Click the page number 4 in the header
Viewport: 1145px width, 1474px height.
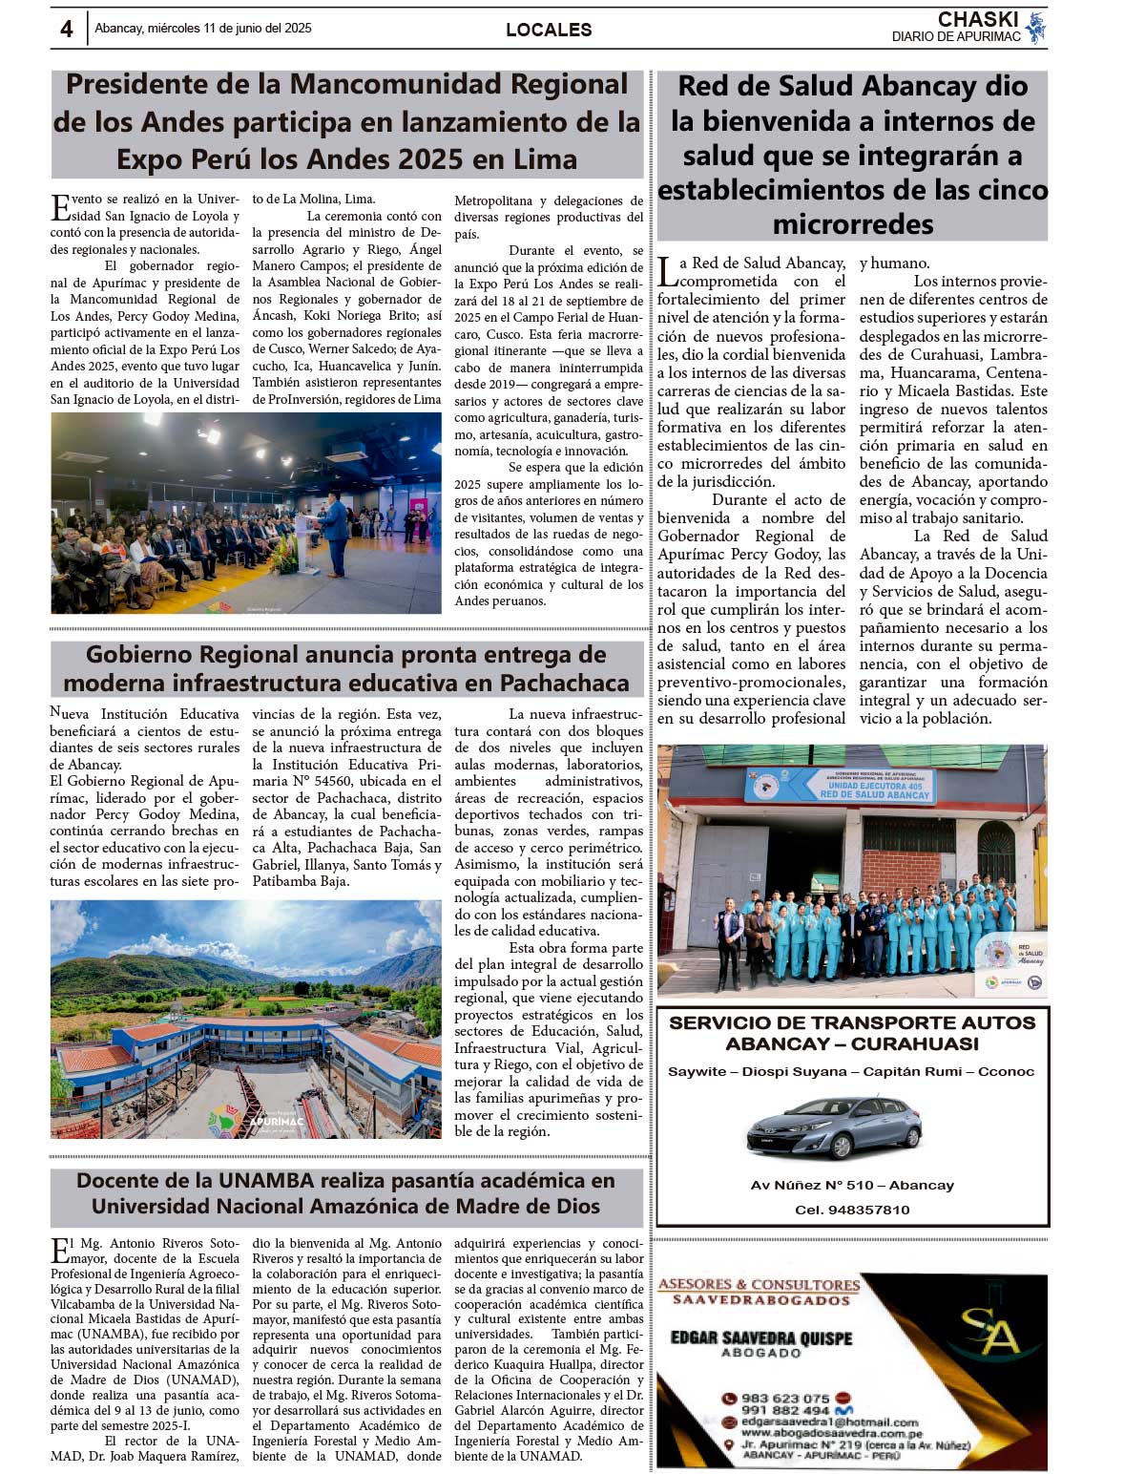[66, 29]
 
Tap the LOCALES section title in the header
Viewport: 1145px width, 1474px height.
[549, 30]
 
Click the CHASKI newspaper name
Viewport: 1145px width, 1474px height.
[978, 19]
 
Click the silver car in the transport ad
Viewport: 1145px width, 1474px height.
[834, 1127]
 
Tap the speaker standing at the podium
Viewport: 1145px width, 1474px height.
[334, 527]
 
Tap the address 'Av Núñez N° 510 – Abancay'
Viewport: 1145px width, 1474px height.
[852, 1185]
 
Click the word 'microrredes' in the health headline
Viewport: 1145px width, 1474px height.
[852, 225]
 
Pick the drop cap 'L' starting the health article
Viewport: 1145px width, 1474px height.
[667, 271]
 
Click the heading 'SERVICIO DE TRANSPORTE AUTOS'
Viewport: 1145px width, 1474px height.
[852, 1022]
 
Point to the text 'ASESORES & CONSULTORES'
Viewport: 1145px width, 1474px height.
[759, 1285]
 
